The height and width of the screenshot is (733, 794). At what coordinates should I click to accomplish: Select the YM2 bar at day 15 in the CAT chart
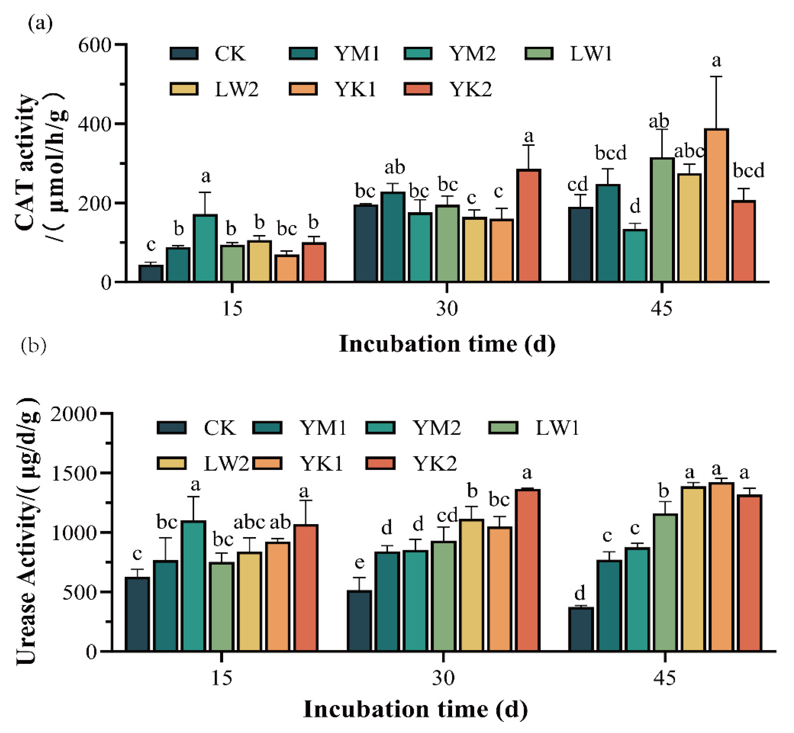205,248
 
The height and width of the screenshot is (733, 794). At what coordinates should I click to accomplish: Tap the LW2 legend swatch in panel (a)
184,89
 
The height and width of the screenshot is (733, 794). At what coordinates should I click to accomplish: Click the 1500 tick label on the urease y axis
74,473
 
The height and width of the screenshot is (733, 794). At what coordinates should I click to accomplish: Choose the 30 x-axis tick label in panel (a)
447,309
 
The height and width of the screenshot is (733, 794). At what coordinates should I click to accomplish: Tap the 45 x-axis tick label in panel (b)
664,678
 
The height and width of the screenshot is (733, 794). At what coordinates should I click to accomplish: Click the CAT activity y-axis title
40,163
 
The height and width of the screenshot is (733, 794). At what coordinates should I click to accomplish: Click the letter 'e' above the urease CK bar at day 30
359,563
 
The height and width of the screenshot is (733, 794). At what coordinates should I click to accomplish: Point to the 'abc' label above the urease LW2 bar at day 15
249,522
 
